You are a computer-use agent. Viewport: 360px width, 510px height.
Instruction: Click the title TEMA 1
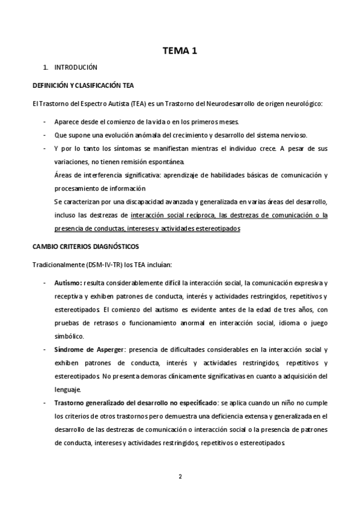coord(180,51)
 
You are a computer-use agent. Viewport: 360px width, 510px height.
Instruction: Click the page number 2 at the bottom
coord(180,476)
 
